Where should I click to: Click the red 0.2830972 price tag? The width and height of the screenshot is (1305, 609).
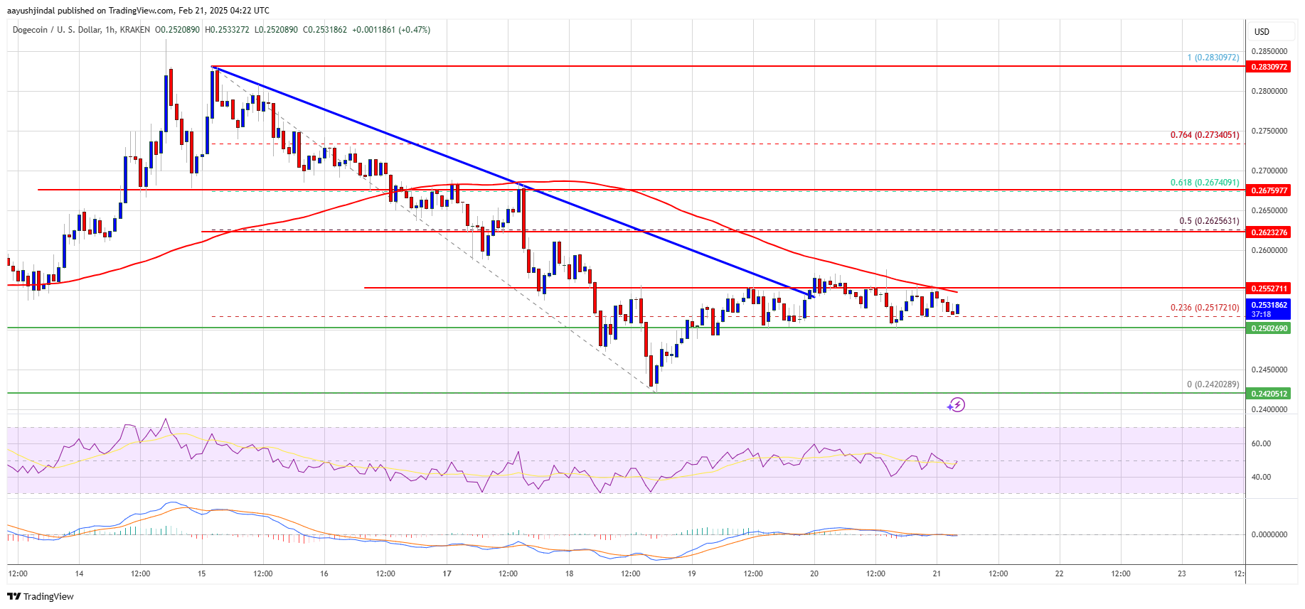pyautogui.click(x=1269, y=67)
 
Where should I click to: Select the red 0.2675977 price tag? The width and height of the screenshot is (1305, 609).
pyautogui.click(x=1269, y=190)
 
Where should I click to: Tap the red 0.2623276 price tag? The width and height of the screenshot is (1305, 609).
pyautogui.click(x=1269, y=232)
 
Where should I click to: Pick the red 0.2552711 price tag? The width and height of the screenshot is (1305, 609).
pyautogui.click(x=1269, y=289)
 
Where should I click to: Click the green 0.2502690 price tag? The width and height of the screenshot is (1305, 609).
pyautogui.click(x=1269, y=328)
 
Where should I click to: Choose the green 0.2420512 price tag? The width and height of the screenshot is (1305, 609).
pyautogui.click(x=1269, y=394)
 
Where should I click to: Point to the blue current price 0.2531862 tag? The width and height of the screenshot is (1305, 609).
pyautogui.click(x=1269, y=309)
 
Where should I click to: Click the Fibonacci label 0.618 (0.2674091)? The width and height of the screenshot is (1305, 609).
pyautogui.click(x=1205, y=183)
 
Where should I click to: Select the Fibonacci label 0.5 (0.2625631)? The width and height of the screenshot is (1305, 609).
pyautogui.click(x=1209, y=221)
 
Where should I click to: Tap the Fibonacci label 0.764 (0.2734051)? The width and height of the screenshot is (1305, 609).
pyautogui.click(x=1205, y=135)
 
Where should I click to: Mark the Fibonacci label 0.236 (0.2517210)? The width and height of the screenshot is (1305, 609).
pyautogui.click(x=1205, y=308)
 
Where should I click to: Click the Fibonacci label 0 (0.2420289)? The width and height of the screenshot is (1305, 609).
pyautogui.click(x=1213, y=384)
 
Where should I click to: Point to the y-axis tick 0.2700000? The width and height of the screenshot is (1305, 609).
pyautogui.click(x=1269, y=171)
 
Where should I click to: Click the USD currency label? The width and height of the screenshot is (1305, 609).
pyautogui.click(x=1262, y=32)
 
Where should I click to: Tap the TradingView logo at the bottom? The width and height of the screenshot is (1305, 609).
pyautogui.click(x=41, y=596)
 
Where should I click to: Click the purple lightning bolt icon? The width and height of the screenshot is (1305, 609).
pyautogui.click(x=957, y=405)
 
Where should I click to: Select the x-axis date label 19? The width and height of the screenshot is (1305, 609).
pyautogui.click(x=691, y=573)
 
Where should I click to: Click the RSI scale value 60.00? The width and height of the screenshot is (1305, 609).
pyautogui.click(x=1261, y=443)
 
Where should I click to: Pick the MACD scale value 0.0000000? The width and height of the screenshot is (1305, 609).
pyautogui.click(x=1269, y=534)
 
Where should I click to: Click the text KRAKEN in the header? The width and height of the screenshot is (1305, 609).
pyautogui.click(x=135, y=30)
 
